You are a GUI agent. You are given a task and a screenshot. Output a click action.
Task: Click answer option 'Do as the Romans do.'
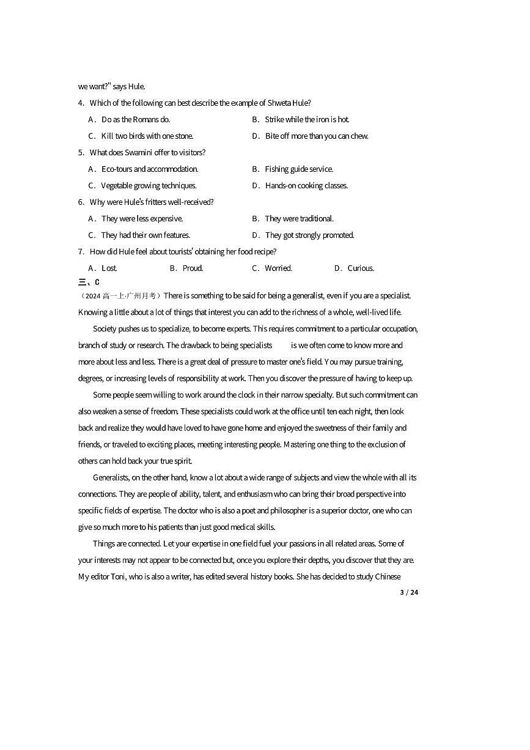[x=136, y=120]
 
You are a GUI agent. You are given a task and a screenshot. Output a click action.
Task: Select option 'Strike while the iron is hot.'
[x=307, y=120]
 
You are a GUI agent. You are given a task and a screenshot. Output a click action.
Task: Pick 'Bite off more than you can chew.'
[x=317, y=136]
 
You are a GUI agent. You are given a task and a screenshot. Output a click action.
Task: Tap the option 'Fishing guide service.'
[x=299, y=169]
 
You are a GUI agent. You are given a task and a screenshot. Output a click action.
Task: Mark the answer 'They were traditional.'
[x=299, y=219]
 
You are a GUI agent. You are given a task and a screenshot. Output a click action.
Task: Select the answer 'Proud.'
[x=193, y=268]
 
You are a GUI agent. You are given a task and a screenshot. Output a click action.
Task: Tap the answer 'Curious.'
[x=361, y=268]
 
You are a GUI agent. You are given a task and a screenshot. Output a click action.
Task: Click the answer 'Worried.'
[x=278, y=268]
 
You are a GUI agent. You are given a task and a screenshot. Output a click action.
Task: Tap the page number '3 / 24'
[x=409, y=592]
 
